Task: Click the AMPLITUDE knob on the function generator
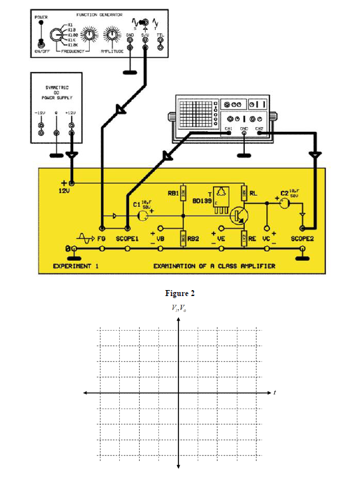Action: click(x=112, y=35)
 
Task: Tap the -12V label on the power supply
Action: click(x=41, y=113)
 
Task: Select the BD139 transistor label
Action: click(x=200, y=200)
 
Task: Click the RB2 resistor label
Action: click(x=192, y=238)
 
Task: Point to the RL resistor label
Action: click(x=254, y=196)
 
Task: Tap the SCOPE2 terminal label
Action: click(x=303, y=238)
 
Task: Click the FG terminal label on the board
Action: click(x=102, y=238)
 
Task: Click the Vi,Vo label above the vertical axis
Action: click(x=180, y=308)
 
